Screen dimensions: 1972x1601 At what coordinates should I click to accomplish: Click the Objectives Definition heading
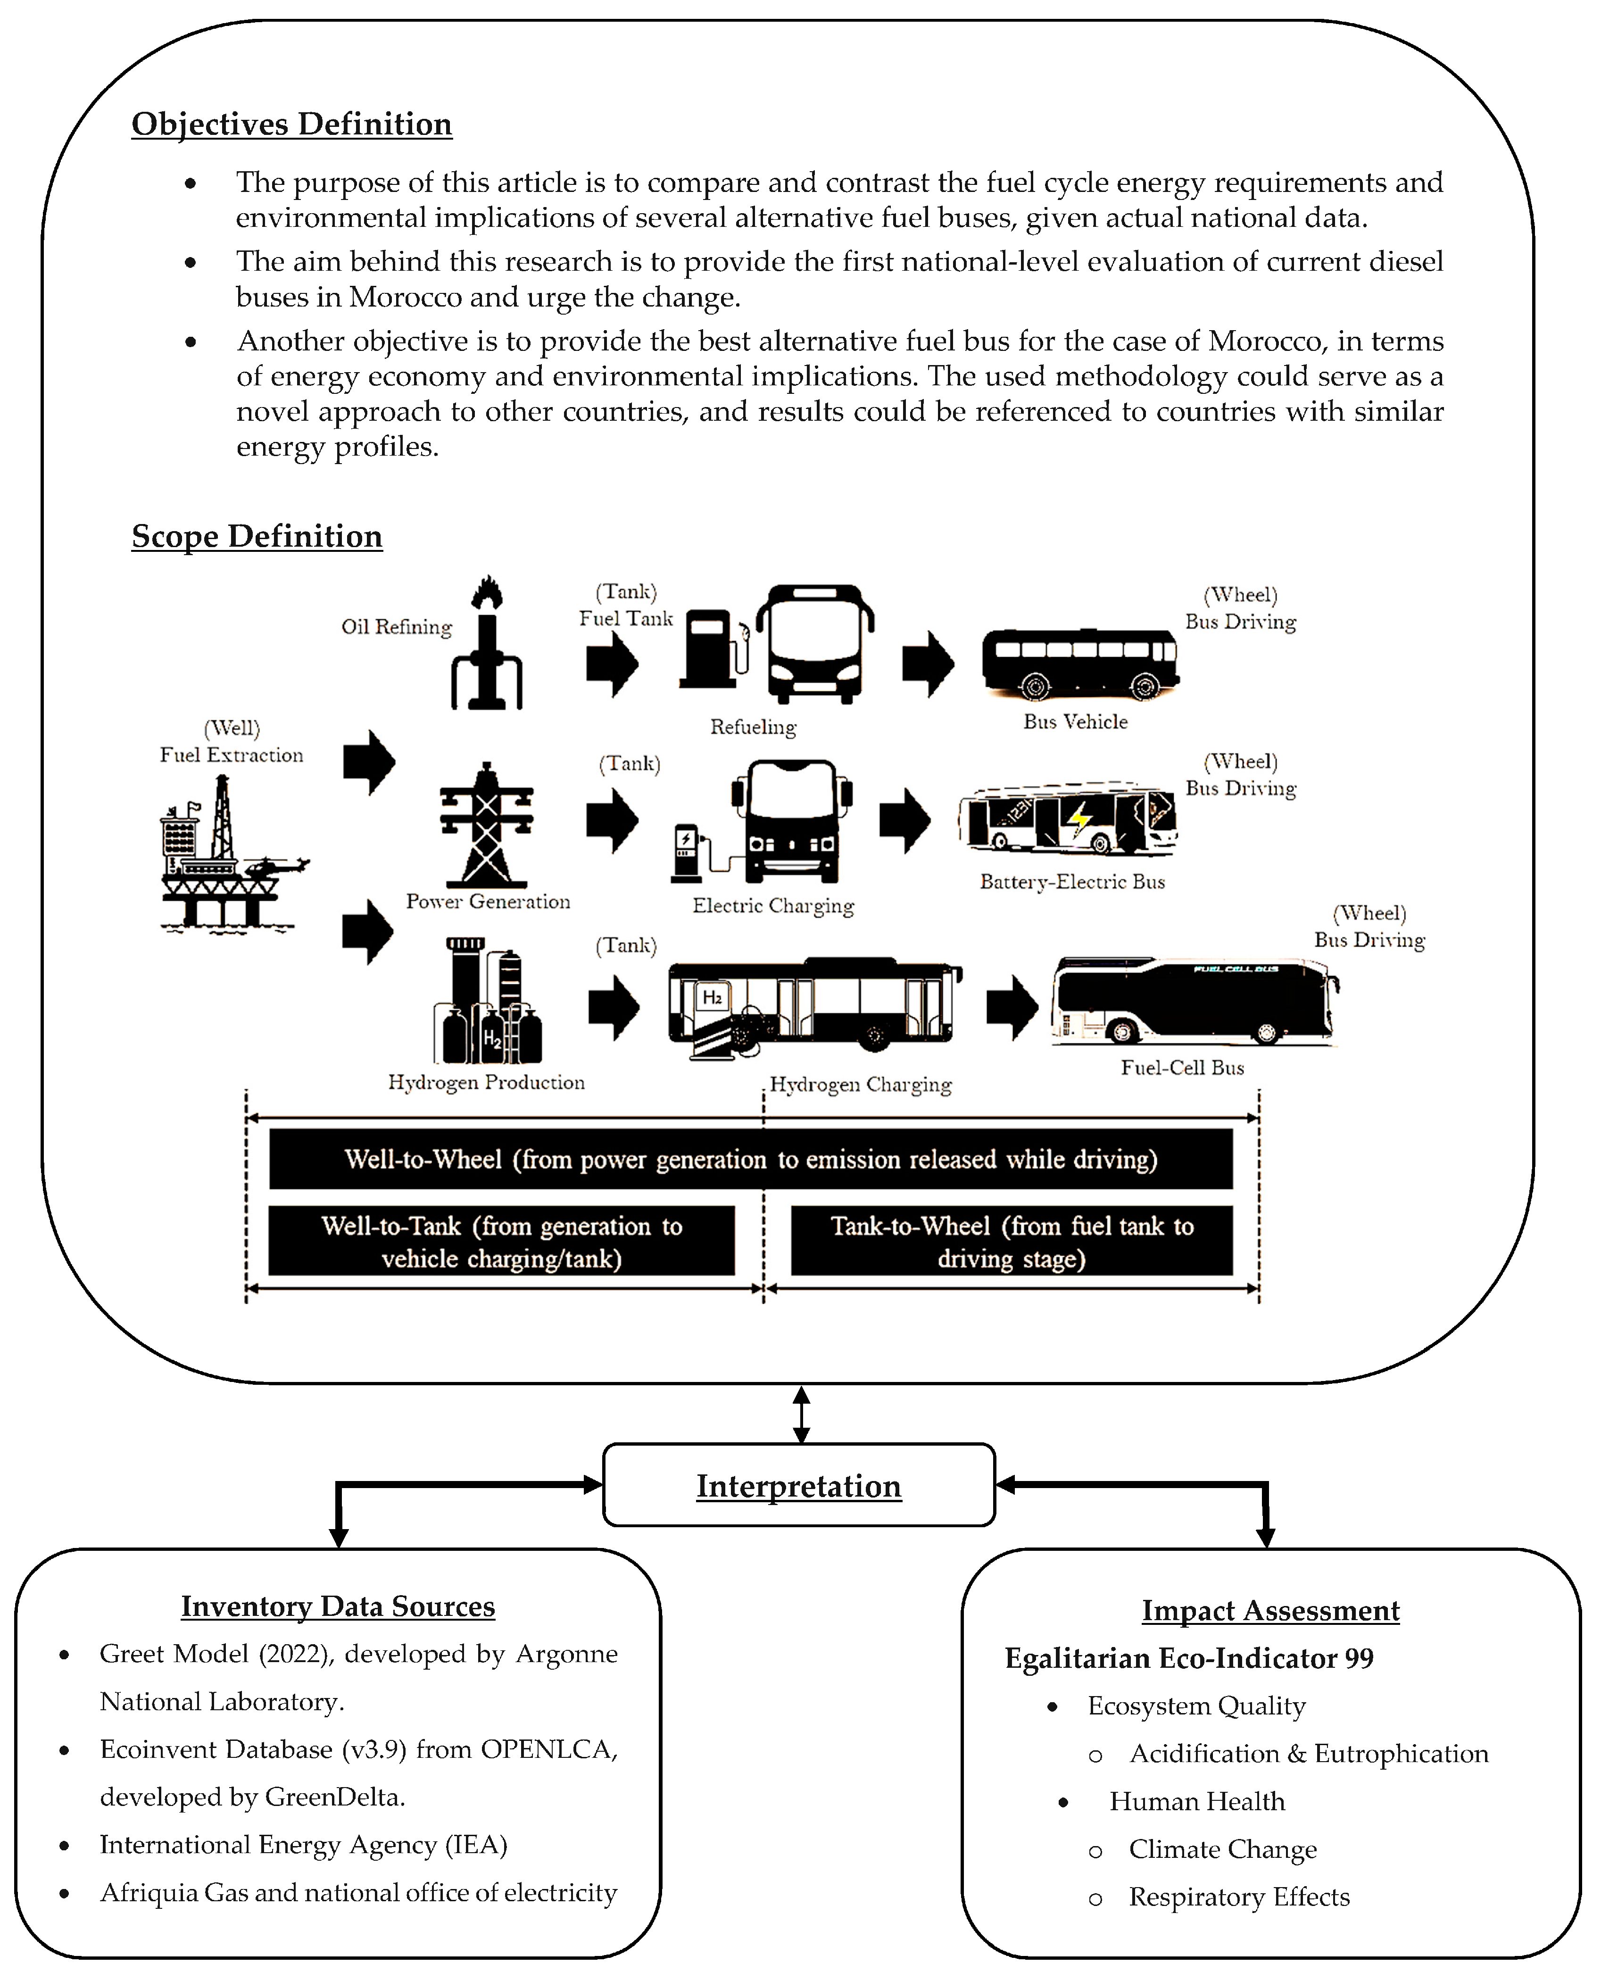(291, 125)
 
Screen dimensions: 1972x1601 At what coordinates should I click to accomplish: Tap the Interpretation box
(799, 1485)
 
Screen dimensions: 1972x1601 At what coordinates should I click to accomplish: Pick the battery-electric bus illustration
(1068, 820)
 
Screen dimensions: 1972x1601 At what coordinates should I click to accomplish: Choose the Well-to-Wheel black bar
(751, 1159)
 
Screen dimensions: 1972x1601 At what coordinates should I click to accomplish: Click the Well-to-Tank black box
(502, 1241)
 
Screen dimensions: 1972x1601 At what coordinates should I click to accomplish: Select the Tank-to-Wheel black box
(1012, 1241)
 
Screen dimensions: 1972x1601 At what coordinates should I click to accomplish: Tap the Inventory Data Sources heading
(338, 1606)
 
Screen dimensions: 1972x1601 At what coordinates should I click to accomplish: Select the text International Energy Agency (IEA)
(303, 1845)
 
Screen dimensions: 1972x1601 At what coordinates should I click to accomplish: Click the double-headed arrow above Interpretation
(801, 1414)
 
